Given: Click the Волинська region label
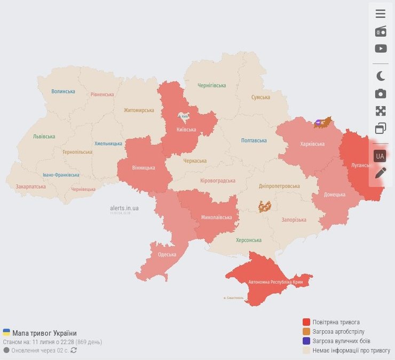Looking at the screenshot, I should (63, 91).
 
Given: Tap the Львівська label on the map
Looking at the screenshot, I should (44, 137).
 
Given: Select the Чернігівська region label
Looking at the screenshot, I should (211, 85).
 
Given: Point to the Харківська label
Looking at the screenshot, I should (312, 144).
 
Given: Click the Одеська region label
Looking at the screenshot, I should (167, 254).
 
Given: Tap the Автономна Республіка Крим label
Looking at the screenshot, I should (275, 282).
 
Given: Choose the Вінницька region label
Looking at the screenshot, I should (143, 167).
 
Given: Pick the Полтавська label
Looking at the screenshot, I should (254, 140).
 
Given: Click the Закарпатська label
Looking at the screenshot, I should (30, 187).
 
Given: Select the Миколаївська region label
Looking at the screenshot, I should (216, 218).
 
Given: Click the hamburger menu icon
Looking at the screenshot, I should (380, 14).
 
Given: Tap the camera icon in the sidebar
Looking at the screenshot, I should (380, 94).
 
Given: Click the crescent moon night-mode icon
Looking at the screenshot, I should (380, 76).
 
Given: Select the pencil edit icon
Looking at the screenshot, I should (380, 173).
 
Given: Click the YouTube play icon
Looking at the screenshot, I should (380, 49).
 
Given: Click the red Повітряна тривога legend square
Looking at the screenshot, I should (306, 322).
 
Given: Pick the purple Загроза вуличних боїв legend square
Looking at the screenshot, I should (306, 341).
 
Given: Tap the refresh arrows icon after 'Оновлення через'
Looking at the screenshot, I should (74, 350).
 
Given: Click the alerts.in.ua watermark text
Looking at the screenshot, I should (124, 208).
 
